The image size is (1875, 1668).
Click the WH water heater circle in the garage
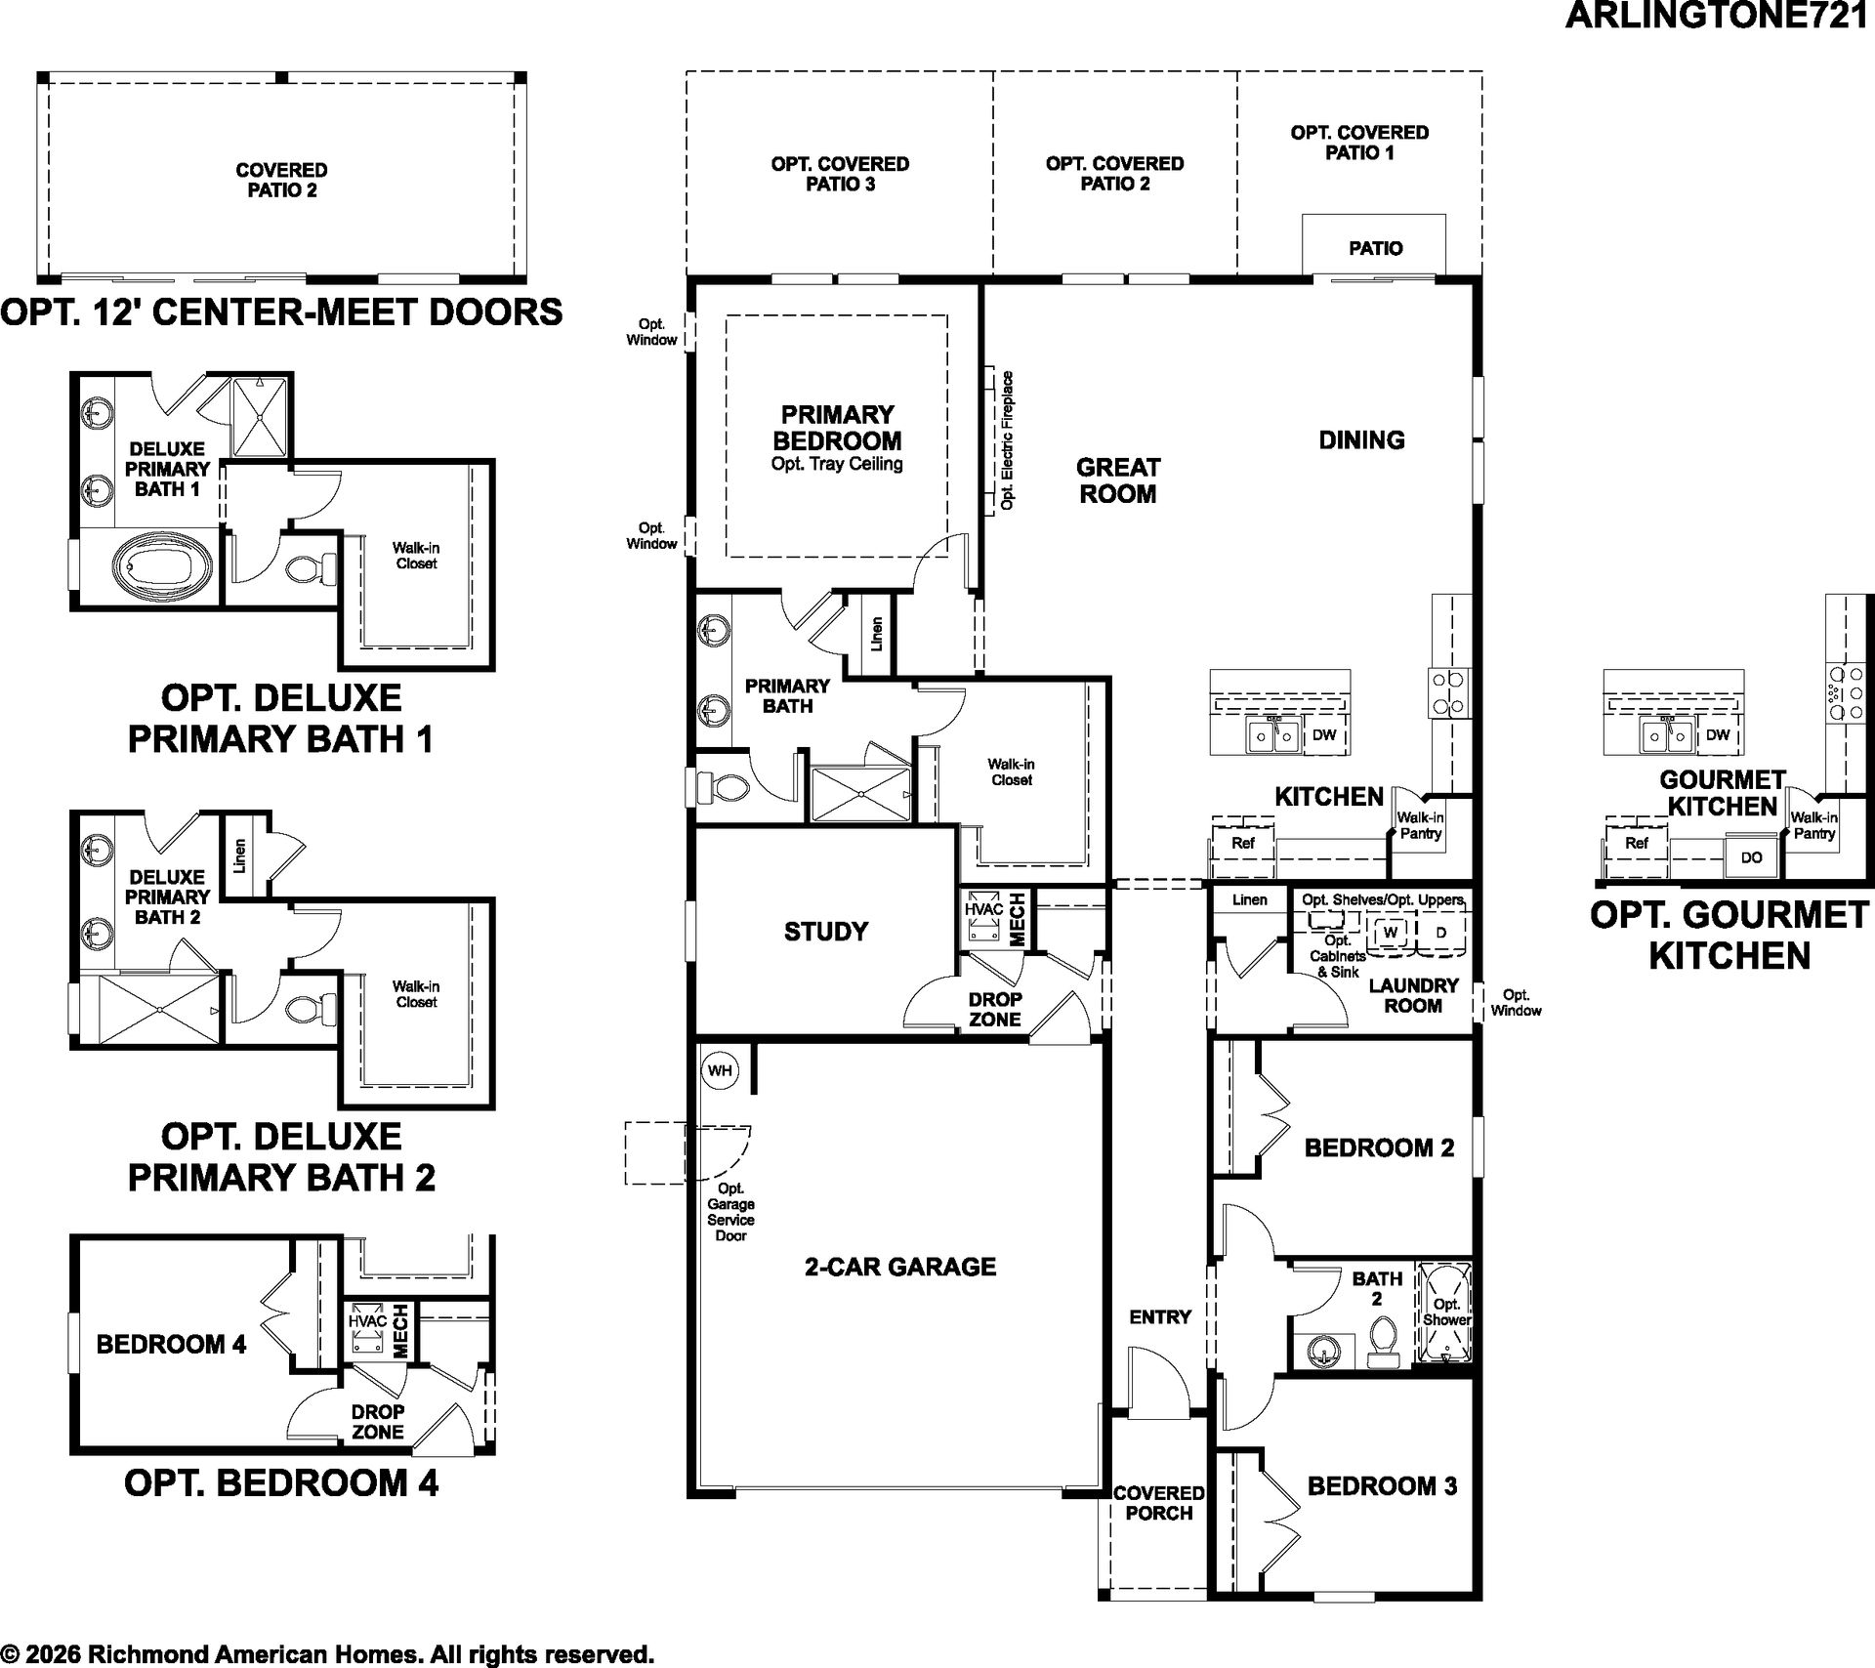tap(720, 1070)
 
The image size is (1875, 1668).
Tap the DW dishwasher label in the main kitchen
tap(1323, 735)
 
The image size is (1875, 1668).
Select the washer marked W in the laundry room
tap(1392, 932)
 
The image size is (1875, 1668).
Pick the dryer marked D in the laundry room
tap(1440, 932)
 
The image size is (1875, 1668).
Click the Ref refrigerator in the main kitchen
tap(1242, 843)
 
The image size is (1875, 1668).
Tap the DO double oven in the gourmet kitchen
tap(1751, 856)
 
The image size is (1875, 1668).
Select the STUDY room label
tap(826, 932)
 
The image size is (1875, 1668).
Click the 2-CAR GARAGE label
tap(900, 1267)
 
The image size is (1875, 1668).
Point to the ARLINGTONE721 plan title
tap(1719, 17)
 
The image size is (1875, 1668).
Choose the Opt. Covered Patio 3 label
tap(840, 174)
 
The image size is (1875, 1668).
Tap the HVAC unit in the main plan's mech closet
tap(983, 919)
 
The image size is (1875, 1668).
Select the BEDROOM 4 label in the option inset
tap(171, 1345)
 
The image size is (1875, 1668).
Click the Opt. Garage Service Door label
tap(730, 1212)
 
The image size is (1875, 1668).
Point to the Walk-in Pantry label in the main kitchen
tap(1420, 825)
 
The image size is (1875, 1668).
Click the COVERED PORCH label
tap(1159, 1503)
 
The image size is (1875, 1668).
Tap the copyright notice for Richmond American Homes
tap(327, 1653)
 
